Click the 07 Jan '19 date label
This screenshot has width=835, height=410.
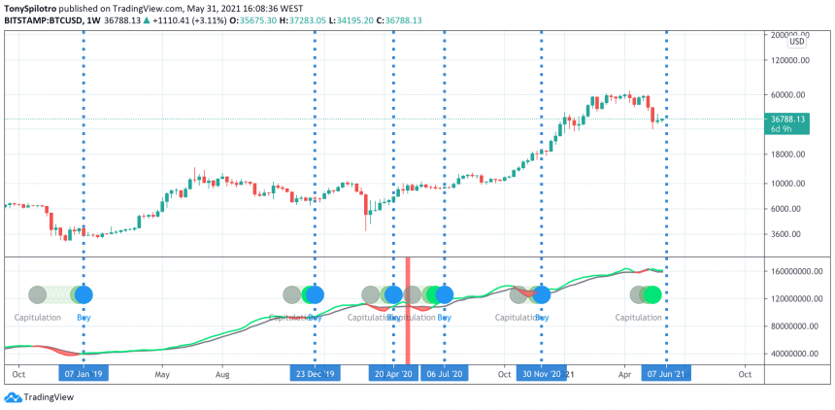point(83,373)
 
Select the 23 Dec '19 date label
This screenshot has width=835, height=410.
point(315,373)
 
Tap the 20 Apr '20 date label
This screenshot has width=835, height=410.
point(393,373)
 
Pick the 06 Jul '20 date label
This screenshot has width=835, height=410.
point(444,373)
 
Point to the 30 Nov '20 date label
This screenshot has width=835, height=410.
point(541,373)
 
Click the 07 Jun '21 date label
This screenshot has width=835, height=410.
point(666,373)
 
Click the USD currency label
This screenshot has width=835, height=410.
point(796,41)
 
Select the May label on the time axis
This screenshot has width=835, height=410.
point(162,373)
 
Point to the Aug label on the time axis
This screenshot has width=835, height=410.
point(222,373)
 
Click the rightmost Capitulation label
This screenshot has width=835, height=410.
point(639,318)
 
